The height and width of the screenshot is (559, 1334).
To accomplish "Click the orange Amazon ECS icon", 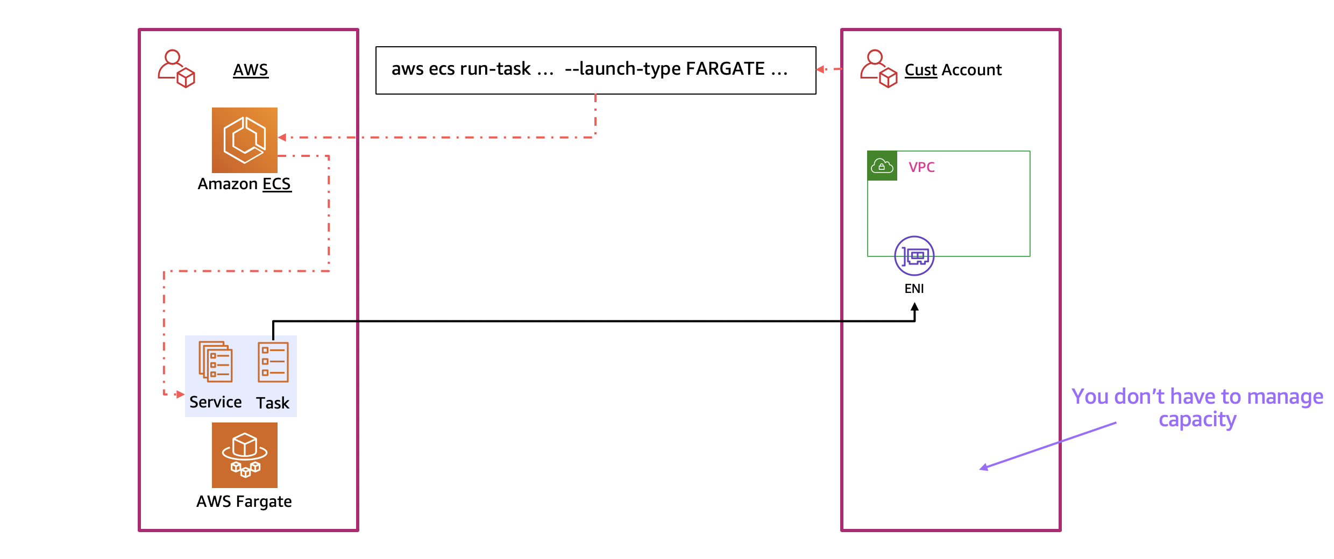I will (244, 140).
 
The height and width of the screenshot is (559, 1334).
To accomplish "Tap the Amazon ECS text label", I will (244, 184).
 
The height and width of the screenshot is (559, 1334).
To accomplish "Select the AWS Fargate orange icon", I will (244, 455).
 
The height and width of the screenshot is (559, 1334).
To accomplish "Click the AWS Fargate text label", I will (244, 501).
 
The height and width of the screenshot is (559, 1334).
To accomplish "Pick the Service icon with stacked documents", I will (216, 362).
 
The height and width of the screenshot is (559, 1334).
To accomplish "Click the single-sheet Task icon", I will (273, 362).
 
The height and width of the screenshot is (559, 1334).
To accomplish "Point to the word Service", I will (215, 402).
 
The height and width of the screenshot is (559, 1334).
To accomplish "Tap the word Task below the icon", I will (272, 403).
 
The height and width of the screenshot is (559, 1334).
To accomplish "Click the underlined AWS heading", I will (250, 70).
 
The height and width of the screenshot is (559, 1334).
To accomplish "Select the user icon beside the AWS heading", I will (176, 69).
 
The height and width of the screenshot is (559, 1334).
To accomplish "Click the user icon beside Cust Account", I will (878, 69).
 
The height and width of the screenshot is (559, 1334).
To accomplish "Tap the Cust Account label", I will (953, 70).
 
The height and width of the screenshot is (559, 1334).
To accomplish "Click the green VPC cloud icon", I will (882, 166).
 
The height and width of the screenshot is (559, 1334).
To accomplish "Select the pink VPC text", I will (921, 167).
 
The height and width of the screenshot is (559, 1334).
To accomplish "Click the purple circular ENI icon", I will (914, 256).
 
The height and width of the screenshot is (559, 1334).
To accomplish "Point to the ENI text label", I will (914, 289).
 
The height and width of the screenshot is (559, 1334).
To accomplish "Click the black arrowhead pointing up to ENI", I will (914, 308).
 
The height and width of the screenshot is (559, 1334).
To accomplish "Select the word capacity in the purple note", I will (1197, 419).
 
